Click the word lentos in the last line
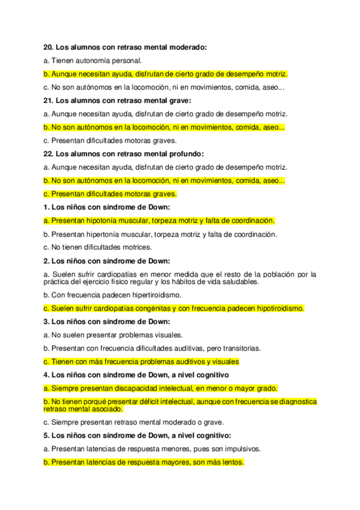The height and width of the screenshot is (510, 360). pos(232,462)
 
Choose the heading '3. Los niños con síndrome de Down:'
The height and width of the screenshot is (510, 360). pos(107,322)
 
